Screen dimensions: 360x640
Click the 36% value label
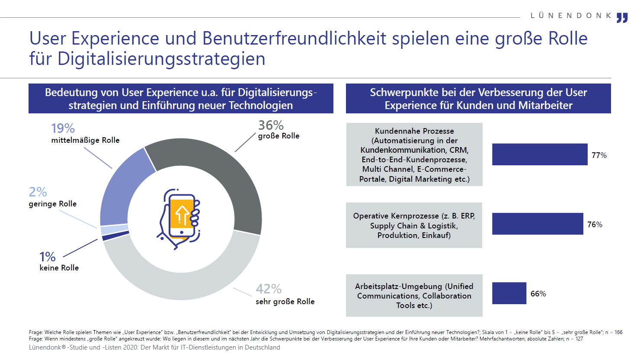tap(271, 125)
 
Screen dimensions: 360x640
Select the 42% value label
tap(269, 289)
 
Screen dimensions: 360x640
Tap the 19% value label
tap(63, 129)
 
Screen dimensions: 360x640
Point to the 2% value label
tap(38, 192)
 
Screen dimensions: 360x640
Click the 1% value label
tap(47, 257)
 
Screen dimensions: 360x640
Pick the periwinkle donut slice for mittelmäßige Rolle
tap(123, 182)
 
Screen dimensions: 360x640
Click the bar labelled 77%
tap(540, 154)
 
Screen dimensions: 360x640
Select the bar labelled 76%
tap(538, 224)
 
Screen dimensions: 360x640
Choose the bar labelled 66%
tap(509, 293)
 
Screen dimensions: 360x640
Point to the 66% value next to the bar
tap(538, 294)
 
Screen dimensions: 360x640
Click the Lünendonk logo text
tap(571, 16)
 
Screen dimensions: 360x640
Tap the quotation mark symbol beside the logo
tap(622, 18)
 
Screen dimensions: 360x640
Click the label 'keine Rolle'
tap(59, 268)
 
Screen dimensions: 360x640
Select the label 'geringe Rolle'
tap(53, 204)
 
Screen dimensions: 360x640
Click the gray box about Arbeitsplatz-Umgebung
tap(414, 296)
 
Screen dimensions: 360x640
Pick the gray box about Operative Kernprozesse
tap(414, 225)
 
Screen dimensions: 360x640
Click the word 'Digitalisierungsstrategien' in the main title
tap(161, 59)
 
